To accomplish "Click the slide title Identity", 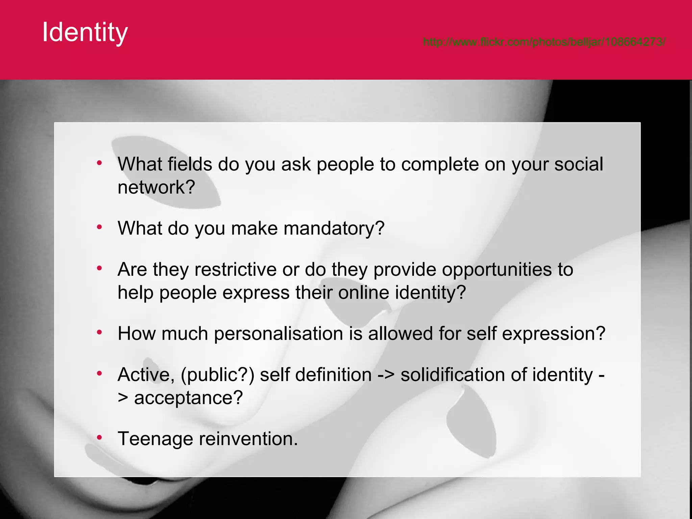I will pyautogui.click(x=85, y=32).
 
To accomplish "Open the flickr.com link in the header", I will pyautogui.click(x=544, y=42).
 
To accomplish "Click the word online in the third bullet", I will pyautogui.click(x=364, y=293).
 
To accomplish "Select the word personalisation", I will pyautogui.click(x=278, y=334).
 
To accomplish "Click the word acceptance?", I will pyautogui.click(x=188, y=398).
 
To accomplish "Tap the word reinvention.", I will pyautogui.click(x=248, y=439).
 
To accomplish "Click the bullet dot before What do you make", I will pyautogui.click(x=99, y=227).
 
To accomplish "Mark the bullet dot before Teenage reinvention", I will pyautogui.click(x=99, y=438).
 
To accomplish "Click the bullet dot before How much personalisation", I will pyautogui.click(x=99, y=332).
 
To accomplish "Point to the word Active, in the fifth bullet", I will pyautogui.click(x=146, y=375).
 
